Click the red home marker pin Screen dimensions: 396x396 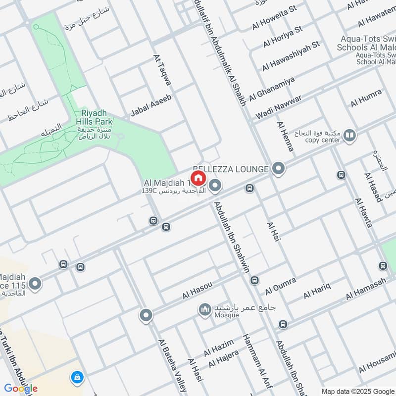198,178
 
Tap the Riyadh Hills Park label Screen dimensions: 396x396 94,116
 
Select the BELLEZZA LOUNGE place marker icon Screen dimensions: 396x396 279,169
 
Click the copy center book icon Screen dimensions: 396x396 349,135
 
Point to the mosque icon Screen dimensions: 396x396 204,310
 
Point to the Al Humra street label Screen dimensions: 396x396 366,98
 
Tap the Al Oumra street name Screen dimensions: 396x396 280,286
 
